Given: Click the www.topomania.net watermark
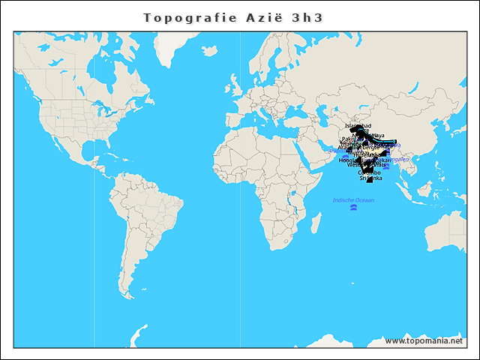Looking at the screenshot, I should coord(424,340).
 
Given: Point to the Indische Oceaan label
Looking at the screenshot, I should coord(353,200).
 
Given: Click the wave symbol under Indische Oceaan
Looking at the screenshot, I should coord(354,208).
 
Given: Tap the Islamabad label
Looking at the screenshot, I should coord(358,126).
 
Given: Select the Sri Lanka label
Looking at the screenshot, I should coord(370,178).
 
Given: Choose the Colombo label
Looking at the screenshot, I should coord(369,172).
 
